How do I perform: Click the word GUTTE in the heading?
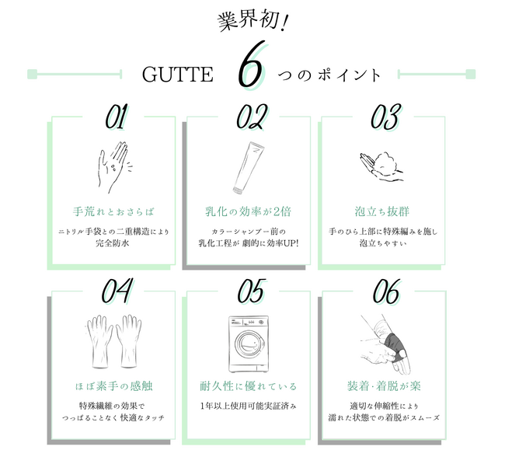177,75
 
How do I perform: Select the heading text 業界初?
252,22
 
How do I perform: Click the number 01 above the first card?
117,117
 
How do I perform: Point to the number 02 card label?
252,117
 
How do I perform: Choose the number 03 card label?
386,117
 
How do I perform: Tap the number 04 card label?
117,291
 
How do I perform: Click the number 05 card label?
252,291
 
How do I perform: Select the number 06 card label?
386,291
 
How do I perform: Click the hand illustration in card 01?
113,167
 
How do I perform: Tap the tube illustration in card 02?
249,168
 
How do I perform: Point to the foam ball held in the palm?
386,160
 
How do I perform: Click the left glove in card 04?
99,341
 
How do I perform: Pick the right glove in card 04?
129,341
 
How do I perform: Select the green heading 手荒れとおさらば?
113,211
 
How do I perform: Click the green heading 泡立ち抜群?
382,211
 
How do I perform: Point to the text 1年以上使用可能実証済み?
248,406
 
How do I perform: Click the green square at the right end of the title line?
471,74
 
